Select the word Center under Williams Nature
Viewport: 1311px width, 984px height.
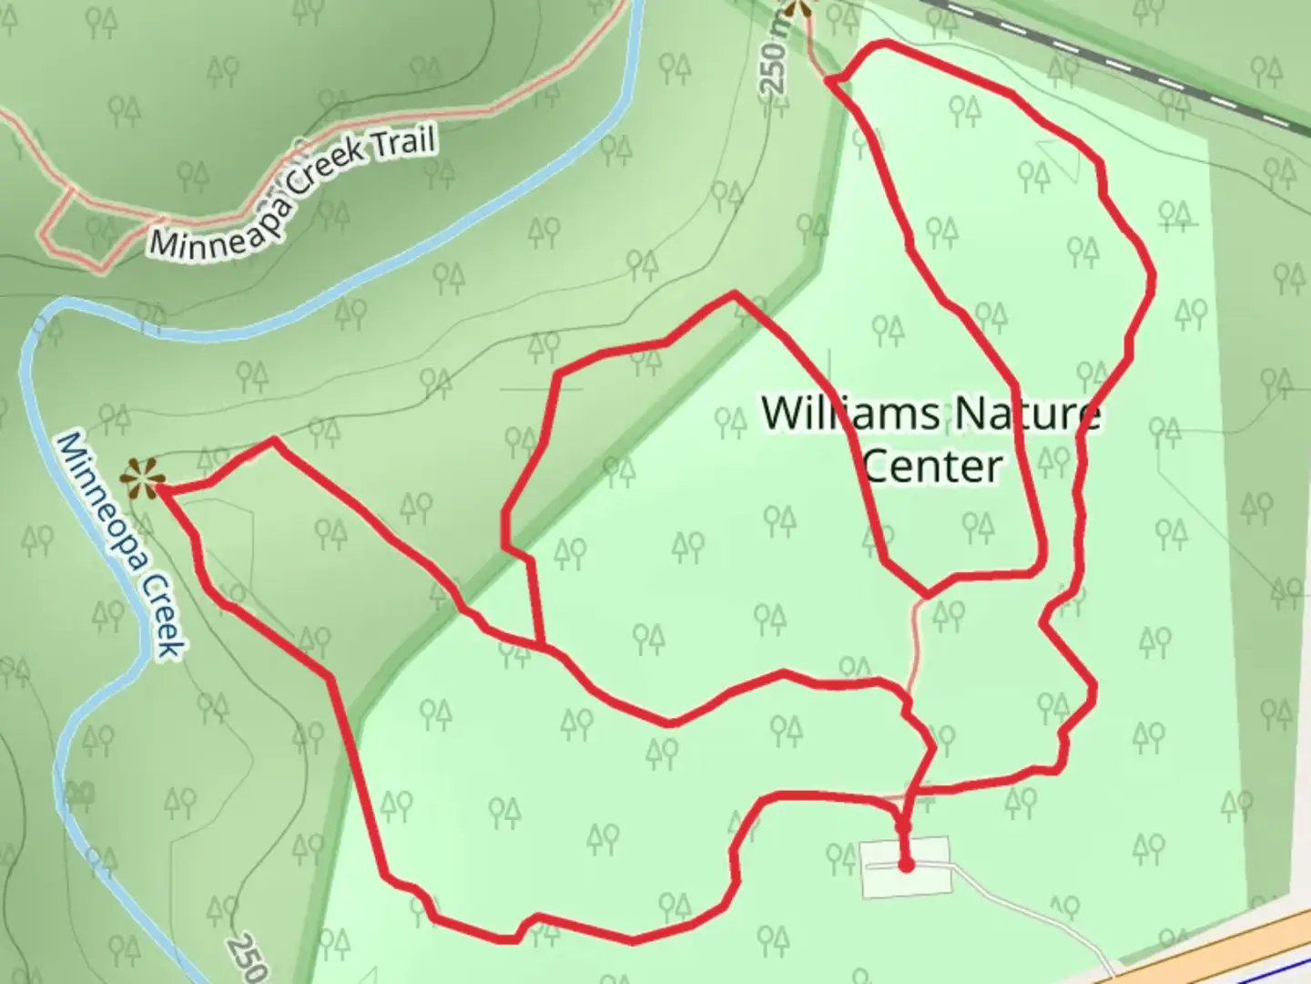pyautogui.click(x=931, y=466)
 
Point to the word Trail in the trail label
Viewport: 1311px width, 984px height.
pyautogui.click(x=401, y=144)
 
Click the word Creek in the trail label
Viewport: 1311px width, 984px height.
pyautogui.click(x=330, y=169)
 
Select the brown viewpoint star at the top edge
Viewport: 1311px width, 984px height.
pyautogui.click(x=798, y=8)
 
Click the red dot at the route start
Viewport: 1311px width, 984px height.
pyautogui.click(x=906, y=865)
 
